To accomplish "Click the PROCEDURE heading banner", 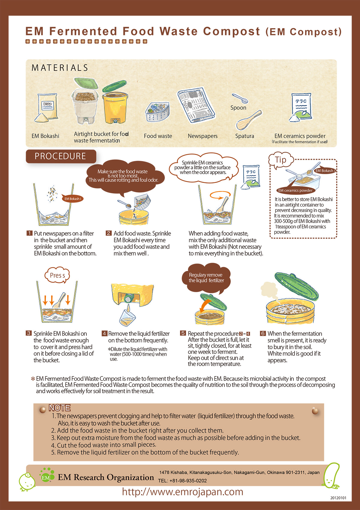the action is coord(61,156).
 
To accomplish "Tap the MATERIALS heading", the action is coord(60,68).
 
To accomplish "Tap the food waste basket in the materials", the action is coord(157,111).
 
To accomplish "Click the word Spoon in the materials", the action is coord(238,107).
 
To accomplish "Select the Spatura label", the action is coord(244,136).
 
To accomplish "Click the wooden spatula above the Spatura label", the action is coord(249,120).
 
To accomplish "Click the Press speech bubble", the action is coord(57,275).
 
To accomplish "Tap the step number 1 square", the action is coord(30,233).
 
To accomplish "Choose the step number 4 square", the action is coord(104,333).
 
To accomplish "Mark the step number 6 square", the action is coord(263,333).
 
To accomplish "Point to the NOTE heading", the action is coord(60,408).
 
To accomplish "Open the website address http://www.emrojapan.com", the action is coord(182,492).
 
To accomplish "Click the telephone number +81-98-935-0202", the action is coord(188,480).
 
